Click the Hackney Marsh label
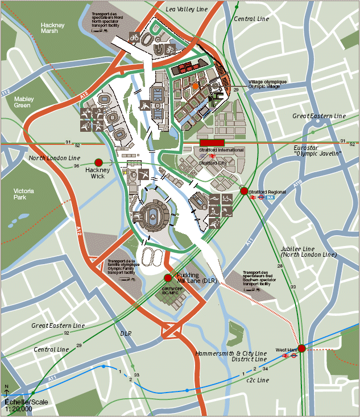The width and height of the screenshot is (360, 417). pos(52,28)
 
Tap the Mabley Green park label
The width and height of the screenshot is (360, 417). pos(24,102)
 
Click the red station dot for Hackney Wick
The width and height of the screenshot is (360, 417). pos(98,162)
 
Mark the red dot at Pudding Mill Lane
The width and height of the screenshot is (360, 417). pos(168,278)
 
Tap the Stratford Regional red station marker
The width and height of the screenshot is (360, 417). pos(244,191)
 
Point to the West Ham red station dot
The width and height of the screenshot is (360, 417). pos(301,348)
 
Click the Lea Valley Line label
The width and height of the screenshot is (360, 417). pos(187,10)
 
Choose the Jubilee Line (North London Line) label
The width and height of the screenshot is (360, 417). pos(308,252)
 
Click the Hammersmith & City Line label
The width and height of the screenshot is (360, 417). pos(230,353)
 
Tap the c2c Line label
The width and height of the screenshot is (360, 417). pos(257,380)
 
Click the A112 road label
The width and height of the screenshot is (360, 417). pos(6,92)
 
